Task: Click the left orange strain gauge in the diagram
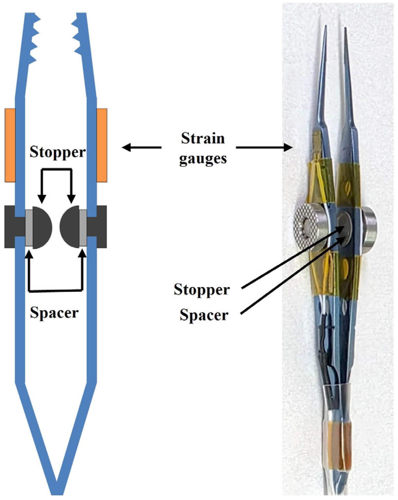10,145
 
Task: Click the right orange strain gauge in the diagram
102,145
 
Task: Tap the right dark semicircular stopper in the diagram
69,227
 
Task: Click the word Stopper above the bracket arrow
58,152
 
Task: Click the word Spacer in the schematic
54,313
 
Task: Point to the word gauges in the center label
203,159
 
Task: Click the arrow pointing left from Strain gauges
141,148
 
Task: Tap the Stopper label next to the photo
201,290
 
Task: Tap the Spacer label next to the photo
204,315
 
